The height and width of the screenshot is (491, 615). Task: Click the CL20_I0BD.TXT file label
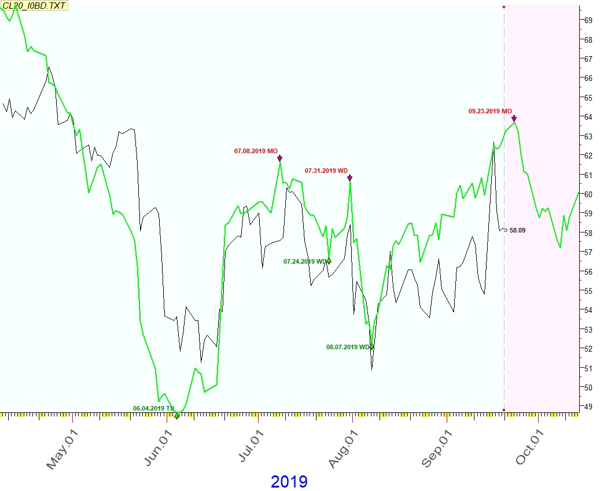(35, 6)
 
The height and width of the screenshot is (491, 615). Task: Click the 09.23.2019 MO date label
(490, 111)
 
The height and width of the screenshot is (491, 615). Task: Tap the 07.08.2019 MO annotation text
(256, 151)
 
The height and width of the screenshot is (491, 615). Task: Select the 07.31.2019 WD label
(326, 171)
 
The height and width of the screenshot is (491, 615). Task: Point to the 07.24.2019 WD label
(305, 261)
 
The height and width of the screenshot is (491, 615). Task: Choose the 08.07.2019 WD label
(348, 347)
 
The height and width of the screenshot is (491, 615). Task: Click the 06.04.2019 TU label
(153, 408)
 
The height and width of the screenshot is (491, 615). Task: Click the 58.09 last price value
(517, 230)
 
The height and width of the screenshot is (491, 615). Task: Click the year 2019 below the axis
(289, 481)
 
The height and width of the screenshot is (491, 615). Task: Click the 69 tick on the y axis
(588, 20)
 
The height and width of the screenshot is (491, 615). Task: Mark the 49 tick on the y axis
(588, 407)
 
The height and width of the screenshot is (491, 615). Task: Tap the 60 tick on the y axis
(588, 194)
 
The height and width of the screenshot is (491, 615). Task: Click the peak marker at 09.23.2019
(514, 118)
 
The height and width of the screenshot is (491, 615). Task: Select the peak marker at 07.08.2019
(279, 158)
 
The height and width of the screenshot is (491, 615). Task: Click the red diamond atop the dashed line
(504, 7)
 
